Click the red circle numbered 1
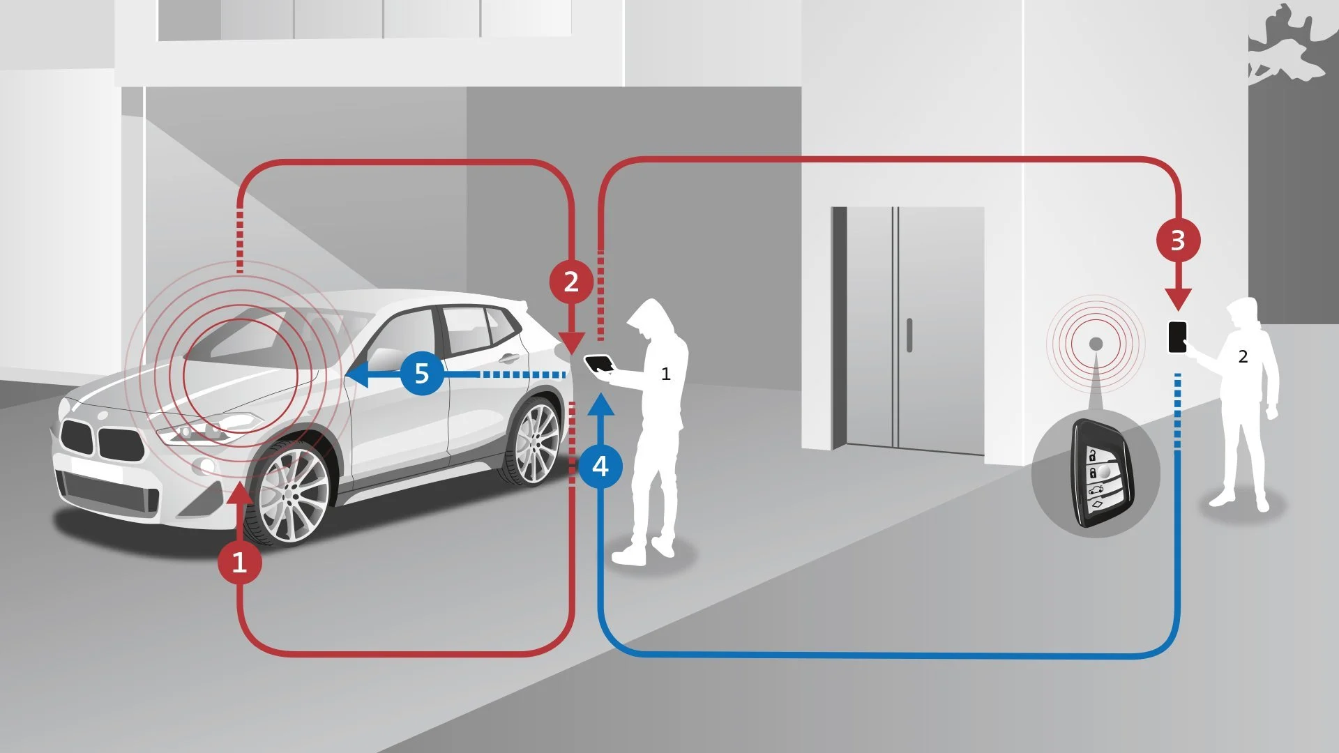coord(239,562)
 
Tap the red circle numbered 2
coord(571,282)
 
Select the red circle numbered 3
coord(1178,241)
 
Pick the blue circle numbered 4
coord(600,466)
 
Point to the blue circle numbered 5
coord(422,374)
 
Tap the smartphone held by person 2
coord(1177,337)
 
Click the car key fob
coord(1102,474)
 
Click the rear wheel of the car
coord(536,443)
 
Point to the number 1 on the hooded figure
coord(666,374)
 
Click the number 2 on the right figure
coord(1243,357)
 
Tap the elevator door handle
coord(909,335)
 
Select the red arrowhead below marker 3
coord(1178,299)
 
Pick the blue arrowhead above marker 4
coord(600,404)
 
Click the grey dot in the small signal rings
coord(1096,344)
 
